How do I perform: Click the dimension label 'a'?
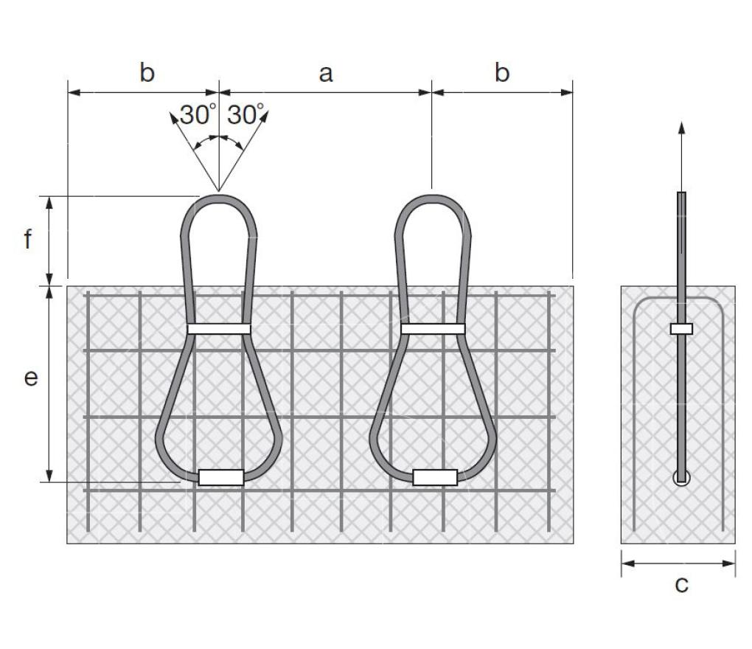[326, 74]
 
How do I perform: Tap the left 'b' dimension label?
[147, 72]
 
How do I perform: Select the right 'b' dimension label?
[501, 72]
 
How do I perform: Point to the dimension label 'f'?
[28, 238]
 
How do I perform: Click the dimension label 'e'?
[31, 378]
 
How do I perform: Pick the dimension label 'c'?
[681, 585]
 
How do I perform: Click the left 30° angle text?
[198, 114]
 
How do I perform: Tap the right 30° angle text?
[246, 114]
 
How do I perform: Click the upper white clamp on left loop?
[219, 329]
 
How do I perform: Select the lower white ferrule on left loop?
[221, 477]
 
